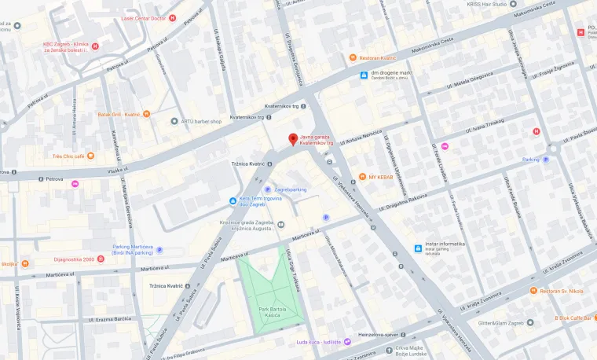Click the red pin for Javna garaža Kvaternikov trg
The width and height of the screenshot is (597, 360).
click(294, 140)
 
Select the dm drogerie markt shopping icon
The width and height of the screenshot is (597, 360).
click(364, 75)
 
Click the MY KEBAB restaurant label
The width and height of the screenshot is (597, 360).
click(380, 177)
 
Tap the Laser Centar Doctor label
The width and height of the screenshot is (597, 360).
click(143, 17)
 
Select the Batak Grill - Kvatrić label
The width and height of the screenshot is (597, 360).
click(118, 115)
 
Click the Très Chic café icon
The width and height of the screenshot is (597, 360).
click(90, 156)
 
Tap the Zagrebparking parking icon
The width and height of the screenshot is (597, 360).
click(268, 189)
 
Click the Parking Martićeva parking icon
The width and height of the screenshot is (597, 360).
click(159, 250)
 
